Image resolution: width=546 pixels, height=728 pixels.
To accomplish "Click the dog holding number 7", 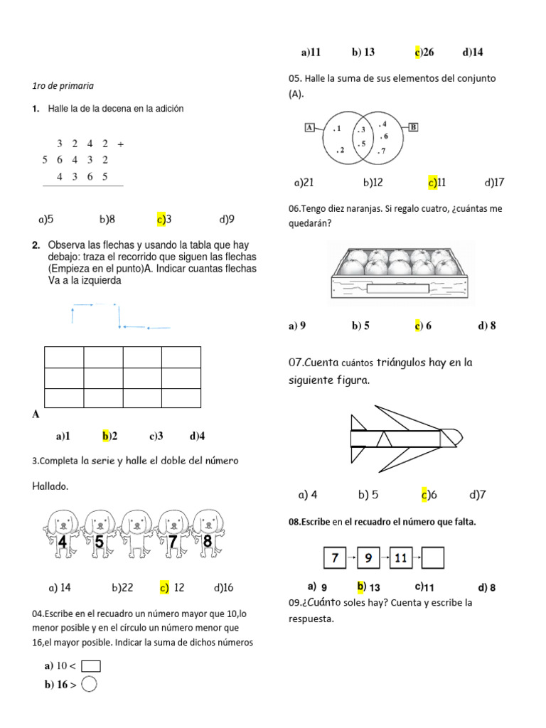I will pyautogui.click(x=171, y=537).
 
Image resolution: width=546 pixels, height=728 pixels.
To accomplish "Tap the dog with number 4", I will pyautogui.click(x=63, y=537).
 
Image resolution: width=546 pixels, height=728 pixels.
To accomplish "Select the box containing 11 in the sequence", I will pyautogui.click(x=401, y=558).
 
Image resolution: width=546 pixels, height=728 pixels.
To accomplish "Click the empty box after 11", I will pyautogui.click(x=433, y=558).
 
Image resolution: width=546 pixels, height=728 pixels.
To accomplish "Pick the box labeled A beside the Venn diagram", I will pyautogui.click(x=309, y=127).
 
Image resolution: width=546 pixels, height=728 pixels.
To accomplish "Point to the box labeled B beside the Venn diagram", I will pyautogui.click(x=413, y=127).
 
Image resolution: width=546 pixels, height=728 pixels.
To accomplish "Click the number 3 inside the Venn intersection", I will pyautogui.click(x=362, y=129).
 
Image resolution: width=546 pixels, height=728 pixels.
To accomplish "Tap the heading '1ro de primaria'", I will pyautogui.click(x=63, y=86).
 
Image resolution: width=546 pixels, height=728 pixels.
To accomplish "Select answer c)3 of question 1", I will pyautogui.click(x=164, y=219).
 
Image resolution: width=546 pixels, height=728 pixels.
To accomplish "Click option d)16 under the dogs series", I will pyautogui.click(x=223, y=588).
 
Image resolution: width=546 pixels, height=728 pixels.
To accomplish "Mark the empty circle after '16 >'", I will pyautogui.click(x=89, y=685).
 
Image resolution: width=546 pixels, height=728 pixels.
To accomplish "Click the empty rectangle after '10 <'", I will pyautogui.click(x=91, y=666).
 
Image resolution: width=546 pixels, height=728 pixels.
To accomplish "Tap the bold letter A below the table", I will pyautogui.click(x=36, y=414).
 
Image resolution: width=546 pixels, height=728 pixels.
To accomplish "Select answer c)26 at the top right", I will pyautogui.click(x=424, y=52).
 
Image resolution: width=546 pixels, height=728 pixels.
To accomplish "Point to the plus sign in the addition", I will pyautogui.click(x=121, y=144).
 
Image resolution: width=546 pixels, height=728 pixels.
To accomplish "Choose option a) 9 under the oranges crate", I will pyautogui.click(x=297, y=326).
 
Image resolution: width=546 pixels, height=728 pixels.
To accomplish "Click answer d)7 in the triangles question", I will pyautogui.click(x=478, y=494).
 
